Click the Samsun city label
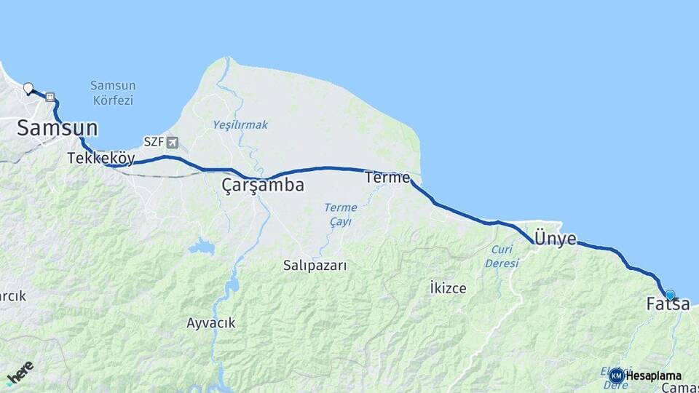(57, 128)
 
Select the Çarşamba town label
(263, 186)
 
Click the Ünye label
(556, 239)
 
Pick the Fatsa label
(668, 305)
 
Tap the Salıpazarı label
(315, 266)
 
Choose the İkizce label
(448, 288)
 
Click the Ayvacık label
(210, 323)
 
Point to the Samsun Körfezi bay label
(113, 92)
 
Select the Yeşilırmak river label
(240, 124)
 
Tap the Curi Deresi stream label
(502, 256)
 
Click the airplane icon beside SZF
(172, 142)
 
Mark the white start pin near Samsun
(28, 89)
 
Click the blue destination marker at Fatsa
(671, 295)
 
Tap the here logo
(20, 373)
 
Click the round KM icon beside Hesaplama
(617, 376)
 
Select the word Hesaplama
(654, 376)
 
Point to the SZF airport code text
(154, 142)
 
